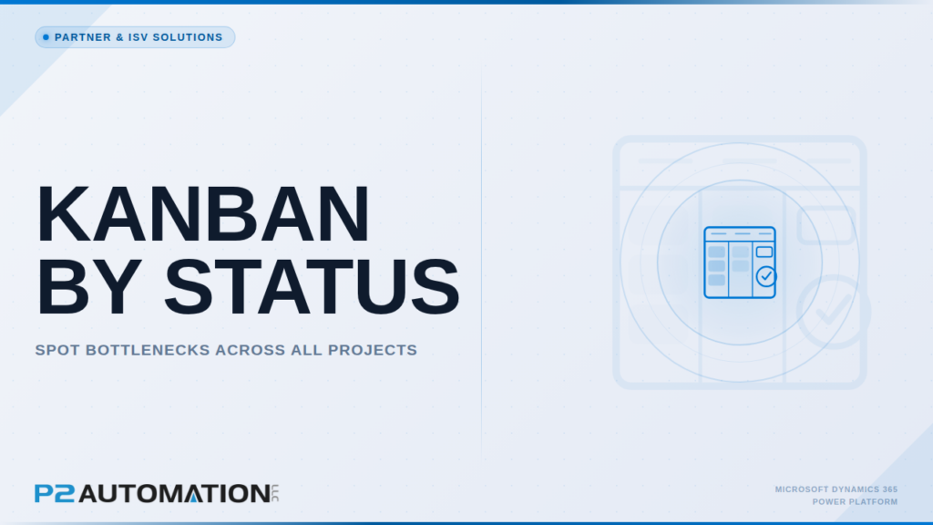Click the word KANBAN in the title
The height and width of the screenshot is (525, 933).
pyautogui.click(x=203, y=214)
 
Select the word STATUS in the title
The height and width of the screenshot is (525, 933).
pyautogui.click(x=312, y=287)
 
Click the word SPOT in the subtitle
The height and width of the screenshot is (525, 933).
pyautogui.click(x=57, y=350)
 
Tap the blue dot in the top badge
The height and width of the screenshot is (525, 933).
pyautogui.click(x=46, y=37)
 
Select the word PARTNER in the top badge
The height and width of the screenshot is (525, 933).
pyautogui.click(x=83, y=37)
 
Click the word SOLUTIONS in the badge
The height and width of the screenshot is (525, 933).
pyautogui.click(x=188, y=37)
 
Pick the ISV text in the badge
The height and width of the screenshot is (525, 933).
pyautogui.click(x=138, y=37)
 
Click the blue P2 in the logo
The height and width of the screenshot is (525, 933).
pyautogui.click(x=55, y=493)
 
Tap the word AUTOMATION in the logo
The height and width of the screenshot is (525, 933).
pyautogui.click(x=174, y=493)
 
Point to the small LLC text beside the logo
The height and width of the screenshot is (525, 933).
pyautogui.click(x=275, y=493)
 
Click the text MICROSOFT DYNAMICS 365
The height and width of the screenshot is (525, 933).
pyautogui.click(x=836, y=489)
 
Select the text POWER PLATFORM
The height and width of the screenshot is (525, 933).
pyautogui.click(x=855, y=502)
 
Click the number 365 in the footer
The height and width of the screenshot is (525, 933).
pyautogui.click(x=890, y=489)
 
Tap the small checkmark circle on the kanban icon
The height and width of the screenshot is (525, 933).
pyautogui.click(x=766, y=276)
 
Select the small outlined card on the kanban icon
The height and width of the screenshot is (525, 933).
pyautogui.click(x=764, y=252)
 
